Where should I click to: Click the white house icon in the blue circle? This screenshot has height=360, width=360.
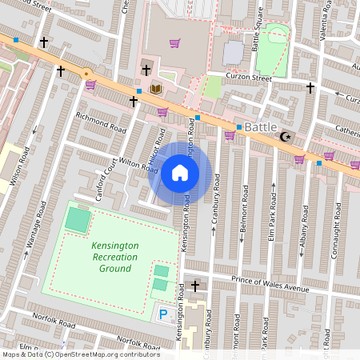click(x=180, y=172)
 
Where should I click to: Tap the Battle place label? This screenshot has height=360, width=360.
click(x=261, y=127)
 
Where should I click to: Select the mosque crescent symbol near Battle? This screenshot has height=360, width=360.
click(x=285, y=137)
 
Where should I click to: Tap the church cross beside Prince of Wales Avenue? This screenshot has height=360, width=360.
click(x=195, y=286)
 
